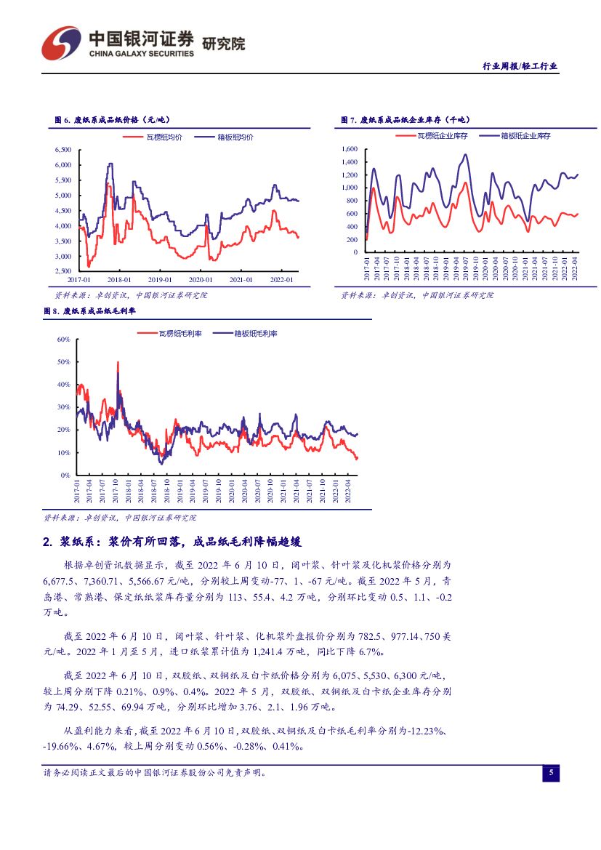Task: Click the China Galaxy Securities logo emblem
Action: pos(61,43)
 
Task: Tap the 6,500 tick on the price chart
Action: pos(62,150)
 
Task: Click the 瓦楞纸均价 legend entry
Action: pos(164,137)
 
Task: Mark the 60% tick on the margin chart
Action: pos(62,340)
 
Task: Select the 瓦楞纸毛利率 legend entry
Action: pos(174,334)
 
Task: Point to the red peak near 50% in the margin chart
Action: pos(118,363)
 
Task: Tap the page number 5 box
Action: pos(550,773)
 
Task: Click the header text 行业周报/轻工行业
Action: pos(520,66)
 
